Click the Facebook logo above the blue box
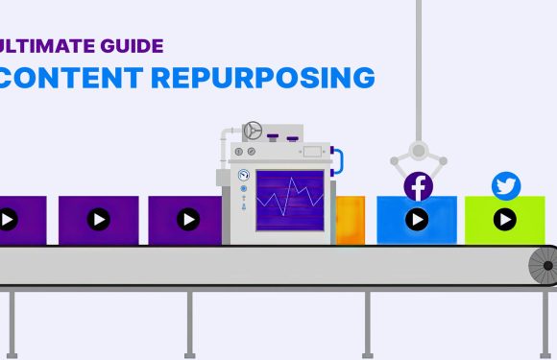[x=418, y=186]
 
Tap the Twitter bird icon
[x=505, y=185]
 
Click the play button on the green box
[x=505, y=220]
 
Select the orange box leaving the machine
[x=350, y=219]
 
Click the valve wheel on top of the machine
[x=254, y=130]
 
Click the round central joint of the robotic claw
[x=418, y=150]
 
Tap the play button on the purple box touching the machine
[x=186, y=220]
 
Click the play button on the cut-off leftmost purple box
[x=8, y=220]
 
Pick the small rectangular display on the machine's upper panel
[x=311, y=151]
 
